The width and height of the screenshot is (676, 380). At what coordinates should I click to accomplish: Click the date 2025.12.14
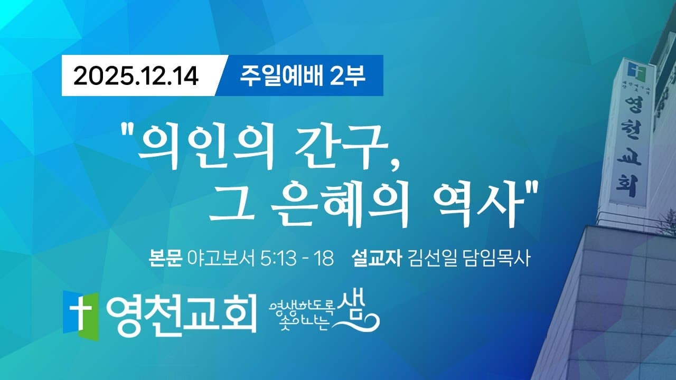pos(136,76)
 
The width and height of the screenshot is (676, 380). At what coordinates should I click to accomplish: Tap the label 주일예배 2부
pos(303,75)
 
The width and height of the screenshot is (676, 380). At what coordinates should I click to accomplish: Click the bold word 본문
pos(166,259)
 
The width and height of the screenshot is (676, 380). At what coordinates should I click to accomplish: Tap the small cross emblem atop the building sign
pos(633,69)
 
